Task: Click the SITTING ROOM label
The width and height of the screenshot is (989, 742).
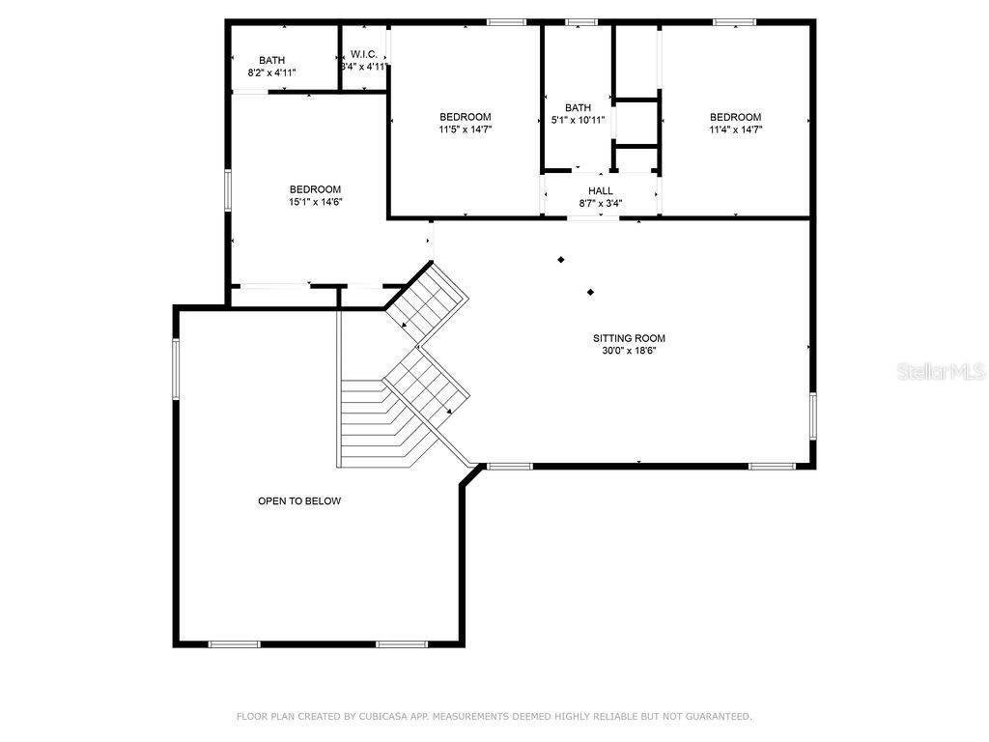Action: pos(629,338)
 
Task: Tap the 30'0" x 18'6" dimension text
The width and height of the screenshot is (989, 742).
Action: pos(629,351)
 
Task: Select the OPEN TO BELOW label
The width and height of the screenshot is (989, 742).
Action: pos(299,500)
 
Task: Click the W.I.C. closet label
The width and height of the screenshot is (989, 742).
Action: pos(364,54)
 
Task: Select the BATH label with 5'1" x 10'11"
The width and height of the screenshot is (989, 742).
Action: pos(578,107)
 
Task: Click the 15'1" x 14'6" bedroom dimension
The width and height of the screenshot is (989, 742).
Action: pos(316,202)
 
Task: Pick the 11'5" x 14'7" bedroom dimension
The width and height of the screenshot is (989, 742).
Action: pos(466,128)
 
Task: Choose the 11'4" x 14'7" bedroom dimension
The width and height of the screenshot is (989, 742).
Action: pos(735,128)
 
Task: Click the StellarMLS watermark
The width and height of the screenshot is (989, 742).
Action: pos(941,371)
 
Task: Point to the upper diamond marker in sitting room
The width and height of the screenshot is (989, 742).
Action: pos(560,259)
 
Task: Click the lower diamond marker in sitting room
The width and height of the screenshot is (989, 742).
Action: pos(590,292)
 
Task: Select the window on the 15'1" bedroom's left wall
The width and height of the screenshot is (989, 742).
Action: pos(228,189)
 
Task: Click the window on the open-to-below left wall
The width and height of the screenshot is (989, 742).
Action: pos(175,368)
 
